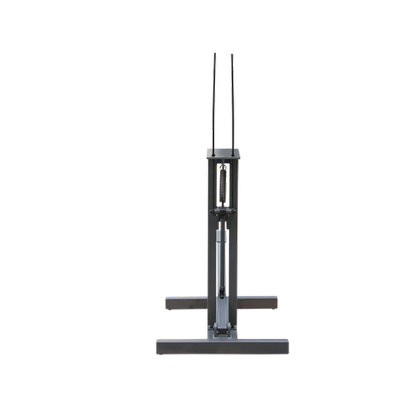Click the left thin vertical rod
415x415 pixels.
click(214, 104)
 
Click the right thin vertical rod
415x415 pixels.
click(232, 104)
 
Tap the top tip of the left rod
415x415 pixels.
click(214, 55)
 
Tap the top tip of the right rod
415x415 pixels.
click(232, 55)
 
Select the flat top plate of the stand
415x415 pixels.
click(223, 154)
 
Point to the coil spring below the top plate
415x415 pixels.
click(223, 184)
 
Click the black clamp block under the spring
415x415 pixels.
click(222, 212)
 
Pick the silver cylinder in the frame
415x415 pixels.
click(221, 256)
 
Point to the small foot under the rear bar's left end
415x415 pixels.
click(170, 310)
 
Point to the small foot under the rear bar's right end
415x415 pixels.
click(273, 310)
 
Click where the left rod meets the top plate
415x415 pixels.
click(214, 154)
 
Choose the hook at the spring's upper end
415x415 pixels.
click(223, 166)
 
